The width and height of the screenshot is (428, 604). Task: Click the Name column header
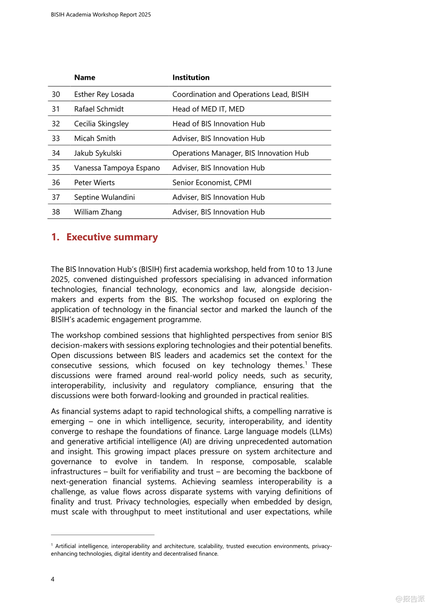[85, 78]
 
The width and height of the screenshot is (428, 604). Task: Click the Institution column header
[191, 78]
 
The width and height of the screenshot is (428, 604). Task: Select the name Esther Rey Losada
[104, 95]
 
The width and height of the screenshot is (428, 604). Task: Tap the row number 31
[56, 109]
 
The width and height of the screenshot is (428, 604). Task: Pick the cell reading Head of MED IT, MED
[208, 109]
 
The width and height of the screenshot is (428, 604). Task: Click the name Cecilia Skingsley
[101, 124]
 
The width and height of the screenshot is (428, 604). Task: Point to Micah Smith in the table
[95, 139]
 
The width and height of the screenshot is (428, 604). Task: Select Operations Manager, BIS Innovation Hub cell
[240, 153]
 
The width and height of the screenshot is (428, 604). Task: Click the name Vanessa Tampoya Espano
[117, 168]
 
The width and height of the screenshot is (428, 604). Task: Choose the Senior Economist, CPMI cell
[212, 183]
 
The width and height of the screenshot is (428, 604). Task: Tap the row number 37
[56, 197]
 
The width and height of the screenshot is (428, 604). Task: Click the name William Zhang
[98, 212]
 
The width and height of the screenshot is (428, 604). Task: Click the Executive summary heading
[112, 237]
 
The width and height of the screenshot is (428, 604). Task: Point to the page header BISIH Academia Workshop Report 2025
[101, 15]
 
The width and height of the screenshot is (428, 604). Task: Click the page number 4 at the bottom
[52, 579]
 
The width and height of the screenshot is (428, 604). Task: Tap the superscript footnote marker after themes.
[306, 363]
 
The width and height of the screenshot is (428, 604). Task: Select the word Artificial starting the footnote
[66, 546]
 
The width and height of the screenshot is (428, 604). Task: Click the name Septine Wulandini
[104, 197]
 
